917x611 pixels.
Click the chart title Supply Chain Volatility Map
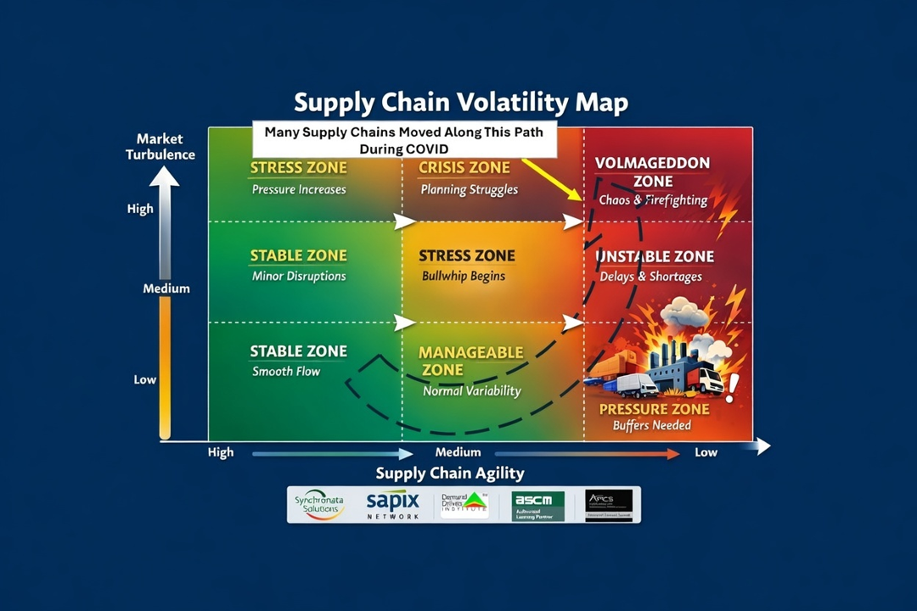[461, 104]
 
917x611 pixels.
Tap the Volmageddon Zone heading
[652, 171]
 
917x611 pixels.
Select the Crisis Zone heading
[464, 168]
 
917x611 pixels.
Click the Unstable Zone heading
[656, 256]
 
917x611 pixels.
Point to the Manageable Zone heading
[470, 361]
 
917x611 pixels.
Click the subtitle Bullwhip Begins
[464, 276]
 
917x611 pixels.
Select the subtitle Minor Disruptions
[299, 276]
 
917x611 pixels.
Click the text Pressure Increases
[299, 189]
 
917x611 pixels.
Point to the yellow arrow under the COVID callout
[552, 179]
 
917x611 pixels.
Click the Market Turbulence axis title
[160, 146]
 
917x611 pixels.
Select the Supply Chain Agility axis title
[450, 473]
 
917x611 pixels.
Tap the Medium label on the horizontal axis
[458, 452]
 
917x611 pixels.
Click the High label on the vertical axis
[141, 209]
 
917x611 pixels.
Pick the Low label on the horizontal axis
[706, 452]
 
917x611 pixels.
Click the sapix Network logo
[393, 505]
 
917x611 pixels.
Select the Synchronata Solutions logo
[319, 504]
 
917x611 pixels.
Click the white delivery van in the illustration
[636, 386]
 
